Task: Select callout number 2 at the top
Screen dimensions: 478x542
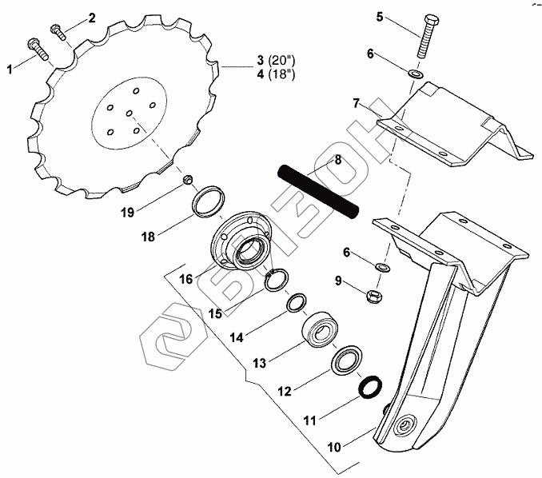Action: coord(91,18)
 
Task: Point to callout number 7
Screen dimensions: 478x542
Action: coord(357,103)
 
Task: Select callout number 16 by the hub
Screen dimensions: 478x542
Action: coord(185,280)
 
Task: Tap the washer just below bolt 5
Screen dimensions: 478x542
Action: coord(416,75)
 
